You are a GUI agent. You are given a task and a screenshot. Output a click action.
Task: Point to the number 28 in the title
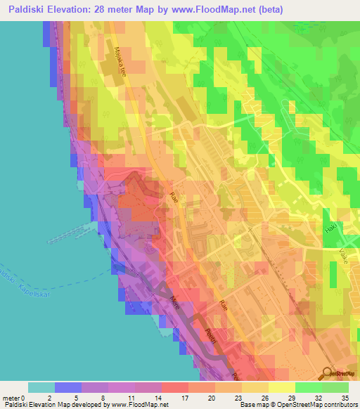(x=117, y=9)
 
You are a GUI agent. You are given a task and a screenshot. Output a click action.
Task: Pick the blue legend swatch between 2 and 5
(x=68, y=387)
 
